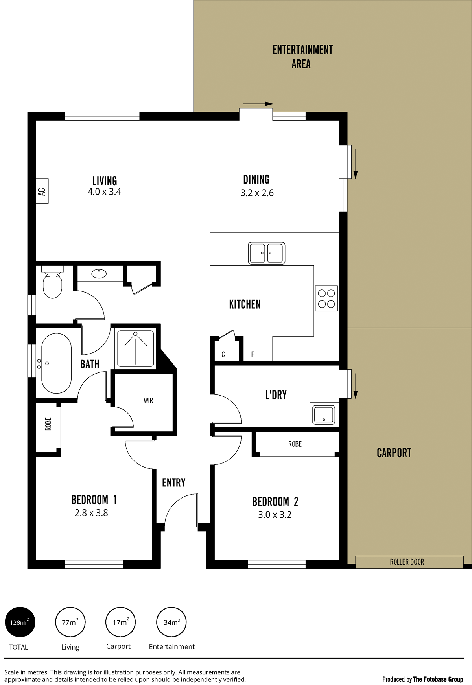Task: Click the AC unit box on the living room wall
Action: coord(42,191)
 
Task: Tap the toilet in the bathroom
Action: coord(53,282)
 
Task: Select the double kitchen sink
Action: coord(267,253)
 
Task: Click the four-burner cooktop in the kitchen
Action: coord(326,298)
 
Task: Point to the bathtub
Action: coord(56,363)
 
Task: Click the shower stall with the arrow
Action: coord(136,349)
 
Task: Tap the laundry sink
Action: coord(323,414)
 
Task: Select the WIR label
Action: coord(148,401)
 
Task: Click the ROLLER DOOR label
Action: coord(407,562)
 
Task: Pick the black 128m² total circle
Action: coord(20,622)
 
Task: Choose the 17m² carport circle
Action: coord(121,622)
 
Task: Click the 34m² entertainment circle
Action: coord(171,622)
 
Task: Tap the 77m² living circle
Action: coord(70,622)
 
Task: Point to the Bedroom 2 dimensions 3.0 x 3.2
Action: coord(275,515)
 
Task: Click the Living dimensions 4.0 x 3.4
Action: coord(104,192)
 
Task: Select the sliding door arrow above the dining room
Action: coord(258,104)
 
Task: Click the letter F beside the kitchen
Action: coord(253,354)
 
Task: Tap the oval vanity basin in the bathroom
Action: coord(99,273)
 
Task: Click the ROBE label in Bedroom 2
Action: coord(295,444)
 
